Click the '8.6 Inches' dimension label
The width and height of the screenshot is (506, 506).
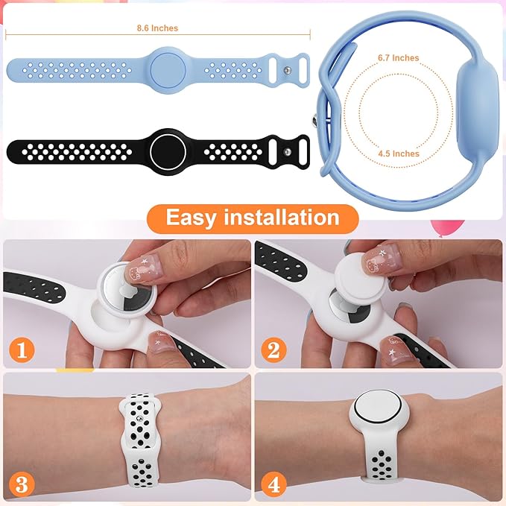(157, 28)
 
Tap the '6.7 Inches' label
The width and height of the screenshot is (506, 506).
(398, 58)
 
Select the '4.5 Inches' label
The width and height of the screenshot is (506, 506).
(398, 154)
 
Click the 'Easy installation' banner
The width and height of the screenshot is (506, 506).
(252, 218)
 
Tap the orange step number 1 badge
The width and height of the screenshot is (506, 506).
(22, 348)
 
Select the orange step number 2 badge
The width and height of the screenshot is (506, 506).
(274, 348)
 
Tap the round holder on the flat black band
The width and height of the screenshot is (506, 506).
(168, 150)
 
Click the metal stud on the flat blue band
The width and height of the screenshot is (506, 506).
(288, 70)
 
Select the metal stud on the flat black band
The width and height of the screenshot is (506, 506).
(288, 151)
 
